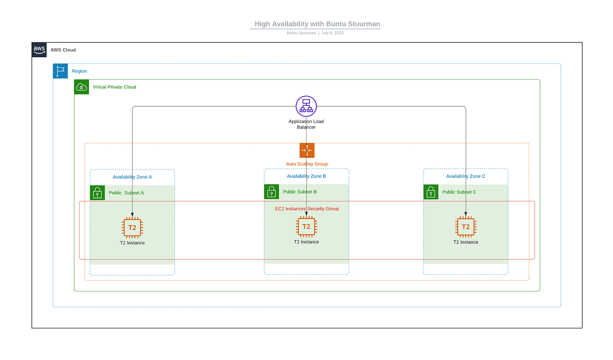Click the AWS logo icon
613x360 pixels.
click(39, 50)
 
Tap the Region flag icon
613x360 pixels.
click(60, 71)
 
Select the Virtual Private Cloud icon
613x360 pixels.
click(81, 87)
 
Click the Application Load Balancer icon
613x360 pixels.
click(306, 106)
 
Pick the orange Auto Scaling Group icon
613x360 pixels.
click(306, 150)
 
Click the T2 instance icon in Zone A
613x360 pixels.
click(132, 228)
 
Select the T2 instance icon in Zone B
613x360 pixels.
click(306, 227)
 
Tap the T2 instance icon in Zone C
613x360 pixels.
click(465, 227)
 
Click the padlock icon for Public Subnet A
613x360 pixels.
click(98, 193)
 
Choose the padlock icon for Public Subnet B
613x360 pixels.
click(271, 191)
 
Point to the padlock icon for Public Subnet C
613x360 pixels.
click(431, 192)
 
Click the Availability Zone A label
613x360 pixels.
click(132, 177)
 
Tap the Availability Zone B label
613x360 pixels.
click(306, 176)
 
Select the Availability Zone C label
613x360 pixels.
click(465, 176)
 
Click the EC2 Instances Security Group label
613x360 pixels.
click(306, 208)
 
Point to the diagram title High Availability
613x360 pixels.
click(317, 24)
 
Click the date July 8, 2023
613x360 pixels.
click(332, 33)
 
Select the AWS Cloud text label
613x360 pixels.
click(63, 50)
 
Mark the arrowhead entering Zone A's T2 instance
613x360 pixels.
click(132, 214)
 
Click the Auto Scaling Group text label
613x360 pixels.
click(306, 164)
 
